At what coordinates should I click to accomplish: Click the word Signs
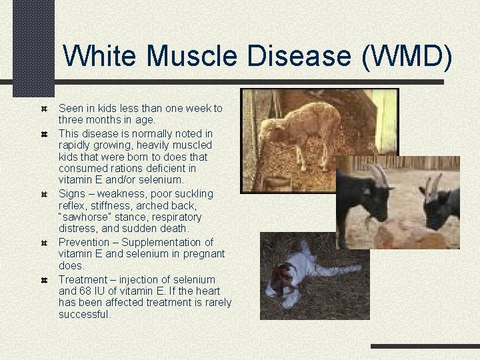click(x=72, y=193)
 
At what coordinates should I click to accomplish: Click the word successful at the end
click(x=85, y=314)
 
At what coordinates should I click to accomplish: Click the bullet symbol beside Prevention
click(x=43, y=243)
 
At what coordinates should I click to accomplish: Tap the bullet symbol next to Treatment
click(x=43, y=280)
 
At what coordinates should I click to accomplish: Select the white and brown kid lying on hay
click(x=293, y=273)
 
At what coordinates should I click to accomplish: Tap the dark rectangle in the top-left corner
click(x=33, y=47)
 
